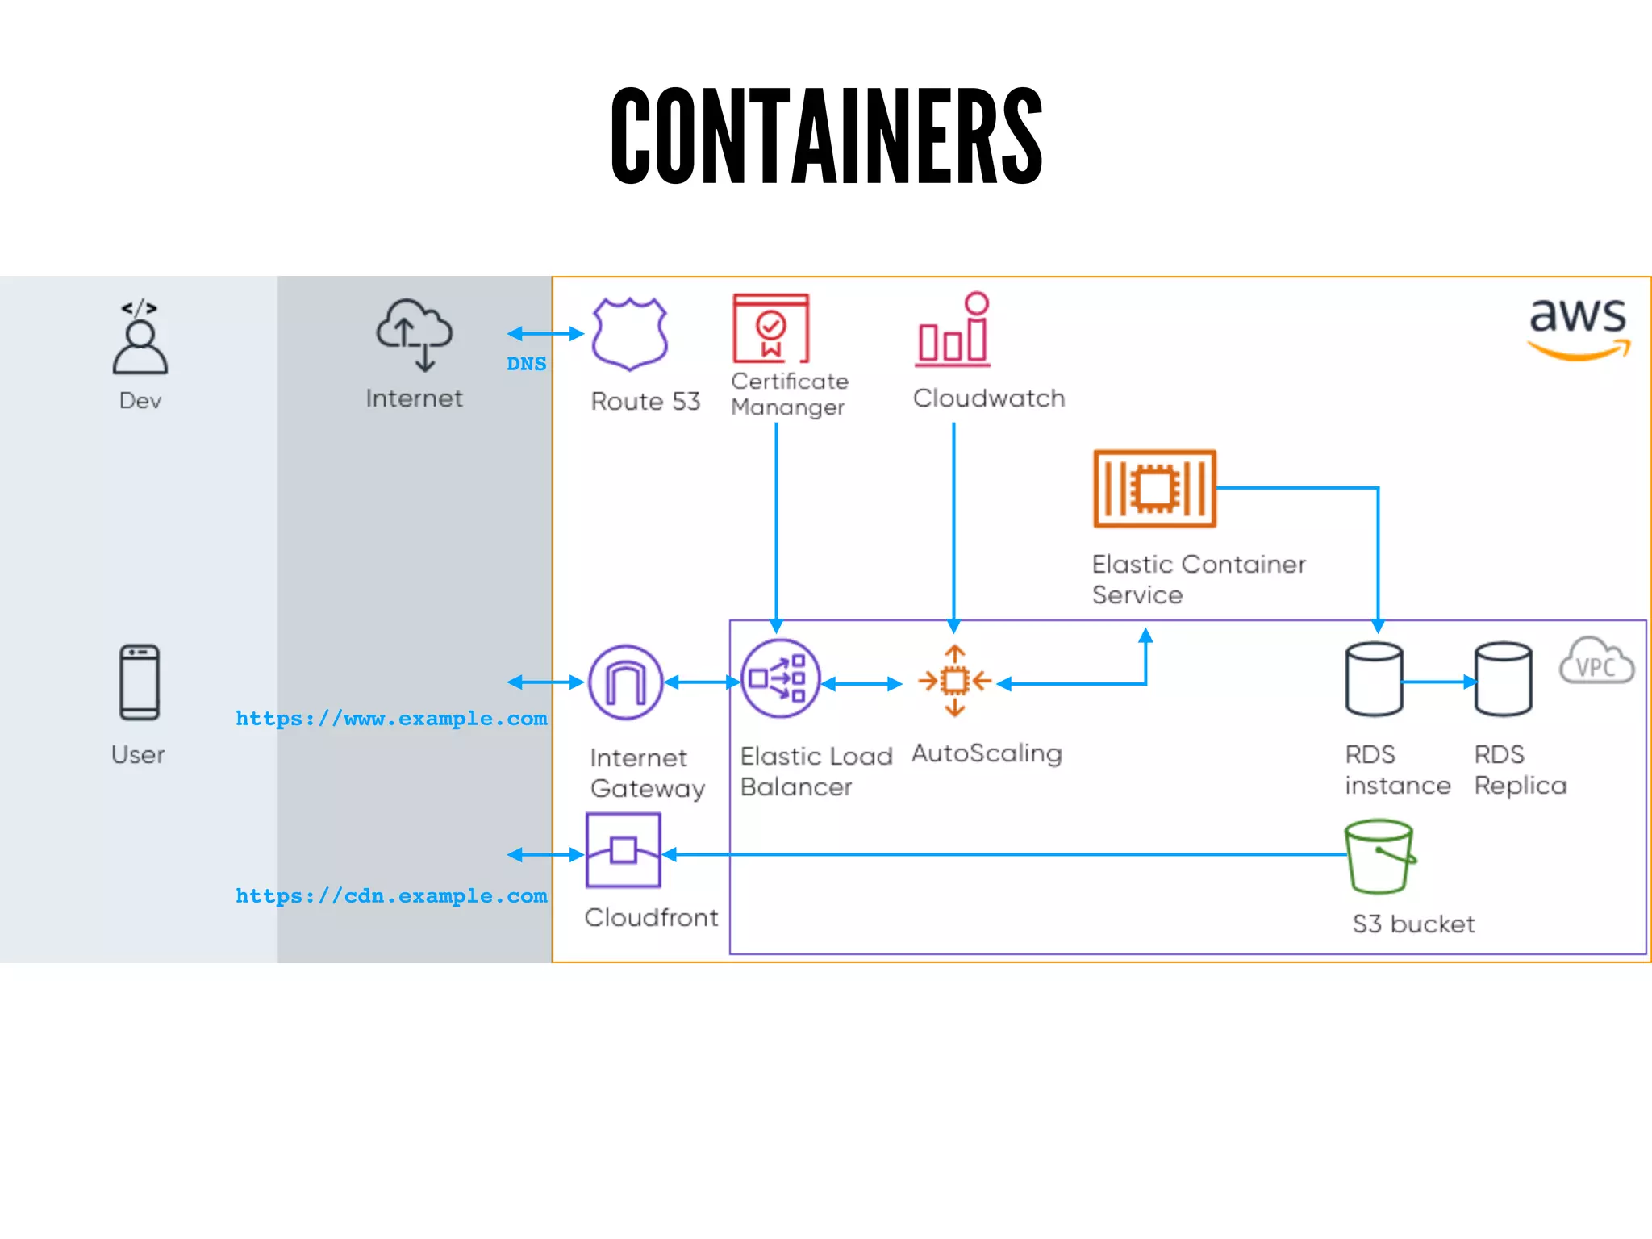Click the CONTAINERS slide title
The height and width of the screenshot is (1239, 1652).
[826, 136]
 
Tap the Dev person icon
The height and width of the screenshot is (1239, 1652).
[140, 339]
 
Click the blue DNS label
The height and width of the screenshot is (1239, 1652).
[526, 364]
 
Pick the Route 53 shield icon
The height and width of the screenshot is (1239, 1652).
[629, 333]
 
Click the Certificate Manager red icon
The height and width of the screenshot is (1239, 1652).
[770, 328]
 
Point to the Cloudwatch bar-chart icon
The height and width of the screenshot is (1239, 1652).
[953, 331]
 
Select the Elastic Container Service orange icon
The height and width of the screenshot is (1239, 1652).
[1154, 489]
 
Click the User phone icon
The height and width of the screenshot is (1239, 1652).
[140, 682]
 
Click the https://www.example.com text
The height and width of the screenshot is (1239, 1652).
[391, 718]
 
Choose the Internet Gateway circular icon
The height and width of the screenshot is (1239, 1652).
[626, 682]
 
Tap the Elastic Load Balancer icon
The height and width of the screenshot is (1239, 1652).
[779, 679]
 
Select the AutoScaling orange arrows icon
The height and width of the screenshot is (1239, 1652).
[955, 682]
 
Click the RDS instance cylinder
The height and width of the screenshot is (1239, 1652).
[1374, 679]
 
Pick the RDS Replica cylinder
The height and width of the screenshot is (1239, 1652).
[1503, 679]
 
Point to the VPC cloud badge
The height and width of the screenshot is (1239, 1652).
[1596, 662]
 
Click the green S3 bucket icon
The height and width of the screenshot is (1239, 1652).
[1379, 857]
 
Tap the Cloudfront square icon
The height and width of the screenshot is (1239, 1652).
[624, 850]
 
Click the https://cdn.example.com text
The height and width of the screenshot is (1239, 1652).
[391, 895]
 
